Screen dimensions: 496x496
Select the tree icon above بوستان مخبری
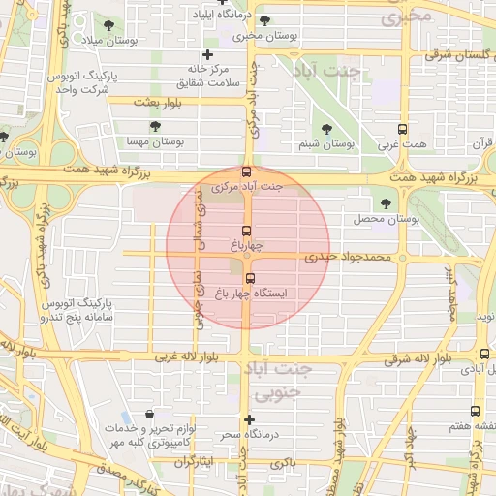(x=265, y=20)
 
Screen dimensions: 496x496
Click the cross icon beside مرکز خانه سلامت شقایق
(x=207, y=54)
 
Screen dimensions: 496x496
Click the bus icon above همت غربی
(x=403, y=129)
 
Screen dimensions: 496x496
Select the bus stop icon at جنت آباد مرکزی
(x=247, y=171)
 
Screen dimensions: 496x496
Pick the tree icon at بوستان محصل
(x=387, y=202)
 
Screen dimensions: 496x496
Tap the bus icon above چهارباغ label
(x=247, y=232)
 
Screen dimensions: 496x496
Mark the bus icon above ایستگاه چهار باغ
(x=250, y=280)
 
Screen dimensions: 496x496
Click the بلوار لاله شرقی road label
(x=391, y=358)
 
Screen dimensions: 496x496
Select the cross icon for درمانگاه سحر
(x=250, y=420)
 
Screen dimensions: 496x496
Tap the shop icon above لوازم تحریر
(x=148, y=415)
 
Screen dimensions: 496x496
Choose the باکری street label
(x=283, y=464)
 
